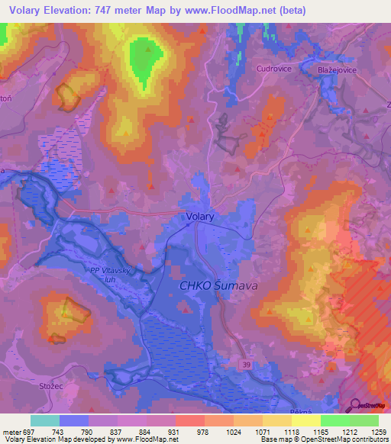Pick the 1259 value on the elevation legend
pyautogui.click(x=379, y=430)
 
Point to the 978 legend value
pyautogui.click(x=204, y=430)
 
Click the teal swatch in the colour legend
pyautogui.click(x=44, y=420)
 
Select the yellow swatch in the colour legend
pyautogui.click(x=305, y=420)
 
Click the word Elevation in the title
pyautogui.click(x=67, y=11)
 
